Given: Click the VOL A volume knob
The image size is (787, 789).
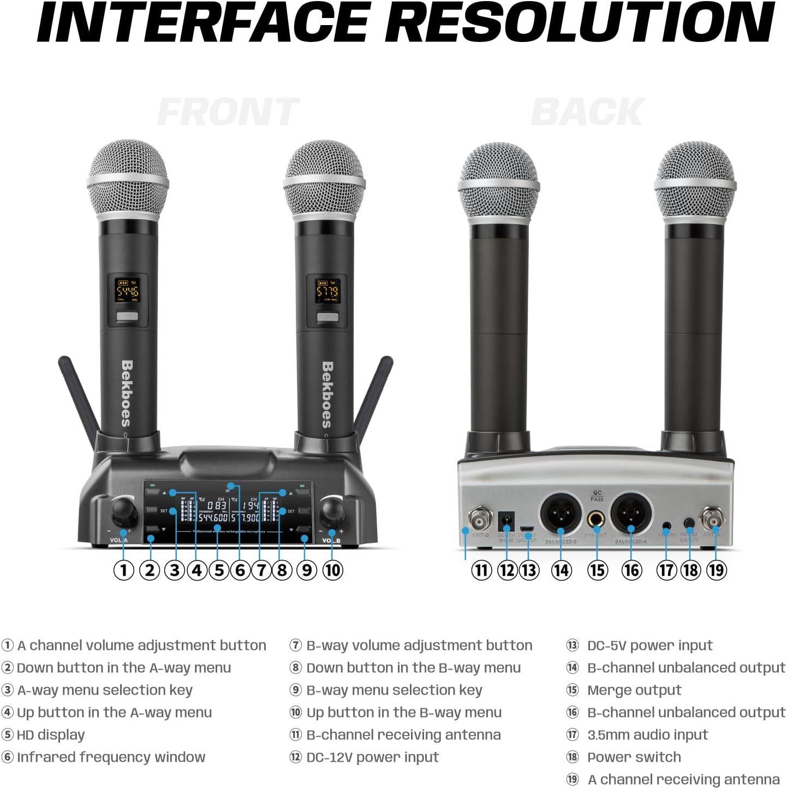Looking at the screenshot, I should pyautogui.click(x=123, y=511).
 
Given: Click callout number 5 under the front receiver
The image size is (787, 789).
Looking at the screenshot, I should pyautogui.click(x=219, y=570).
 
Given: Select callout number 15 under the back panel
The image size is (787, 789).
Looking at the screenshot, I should pyautogui.click(x=597, y=570).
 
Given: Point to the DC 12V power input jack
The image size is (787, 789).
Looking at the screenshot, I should pyautogui.click(x=507, y=520).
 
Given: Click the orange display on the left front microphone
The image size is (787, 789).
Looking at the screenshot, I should pyautogui.click(x=127, y=290).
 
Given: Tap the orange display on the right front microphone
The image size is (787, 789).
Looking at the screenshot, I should pyautogui.click(x=327, y=290).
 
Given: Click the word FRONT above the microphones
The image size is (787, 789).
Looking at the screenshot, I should pyautogui.click(x=229, y=112).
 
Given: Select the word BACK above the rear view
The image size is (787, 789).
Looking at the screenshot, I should pyautogui.click(x=588, y=112).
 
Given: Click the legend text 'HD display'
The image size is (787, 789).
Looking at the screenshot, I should pyautogui.click(x=51, y=735).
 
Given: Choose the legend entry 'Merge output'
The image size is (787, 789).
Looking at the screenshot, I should pyautogui.click(x=634, y=690).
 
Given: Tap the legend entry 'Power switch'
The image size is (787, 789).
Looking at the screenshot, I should pyautogui.click(x=634, y=757).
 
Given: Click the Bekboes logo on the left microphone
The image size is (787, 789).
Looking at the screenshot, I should pyautogui.click(x=127, y=393).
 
